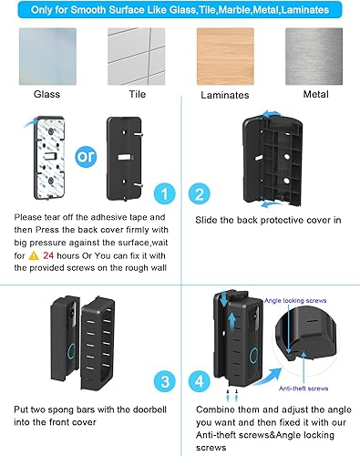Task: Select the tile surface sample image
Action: pos(135,56)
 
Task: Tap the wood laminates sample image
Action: pos(224,56)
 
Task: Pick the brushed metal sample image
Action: pos(313,56)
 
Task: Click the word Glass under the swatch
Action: pos(47,94)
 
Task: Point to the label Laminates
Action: pos(224,94)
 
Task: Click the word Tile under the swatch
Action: pos(135,94)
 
